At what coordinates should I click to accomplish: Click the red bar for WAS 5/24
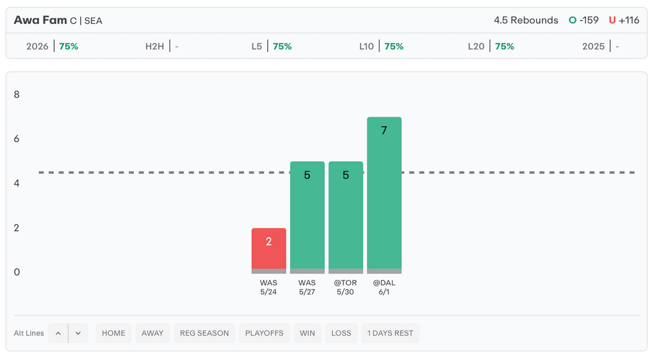pyautogui.click(x=268, y=250)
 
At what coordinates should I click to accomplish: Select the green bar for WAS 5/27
pyautogui.click(x=307, y=217)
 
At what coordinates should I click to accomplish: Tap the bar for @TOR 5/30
pyautogui.click(x=345, y=217)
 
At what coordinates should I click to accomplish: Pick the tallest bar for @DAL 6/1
pyautogui.click(x=384, y=195)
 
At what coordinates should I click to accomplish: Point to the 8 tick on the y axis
pyautogui.click(x=17, y=95)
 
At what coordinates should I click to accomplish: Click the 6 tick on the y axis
pyautogui.click(x=17, y=139)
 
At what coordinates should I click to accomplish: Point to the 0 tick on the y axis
pyautogui.click(x=17, y=272)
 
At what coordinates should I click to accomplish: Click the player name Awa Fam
pyautogui.click(x=40, y=20)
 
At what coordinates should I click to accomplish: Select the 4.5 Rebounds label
pyautogui.click(x=526, y=20)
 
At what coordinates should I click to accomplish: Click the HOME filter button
pyautogui.click(x=113, y=333)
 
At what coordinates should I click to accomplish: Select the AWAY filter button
pyautogui.click(x=152, y=333)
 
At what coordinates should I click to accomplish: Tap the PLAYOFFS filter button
pyautogui.click(x=264, y=333)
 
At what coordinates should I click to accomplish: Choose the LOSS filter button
pyautogui.click(x=341, y=333)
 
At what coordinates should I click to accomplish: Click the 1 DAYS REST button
pyautogui.click(x=390, y=333)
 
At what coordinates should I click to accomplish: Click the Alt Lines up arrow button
pyautogui.click(x=58, y=333)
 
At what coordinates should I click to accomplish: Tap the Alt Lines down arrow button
pyautogui.click(x=78, y=333)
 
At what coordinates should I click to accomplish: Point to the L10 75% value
pyautogui.click(x=394, y=46)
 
